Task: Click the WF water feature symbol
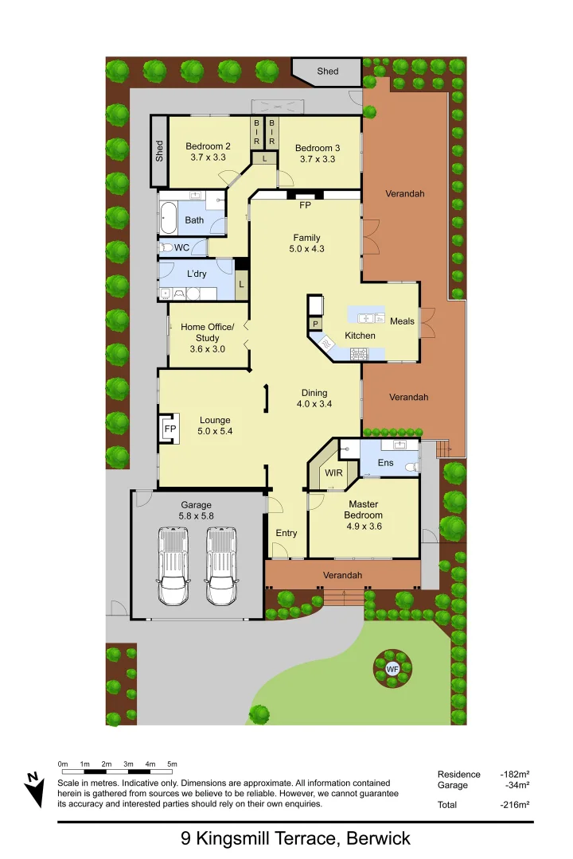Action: tap(392, 669)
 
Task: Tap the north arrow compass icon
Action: tap(33, 789)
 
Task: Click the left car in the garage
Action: tap(173, 566)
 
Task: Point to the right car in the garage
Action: tap(221, 566)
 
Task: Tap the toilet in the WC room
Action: tap(166, 248)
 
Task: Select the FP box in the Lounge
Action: tap(169, 429)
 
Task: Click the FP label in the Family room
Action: tap(305, 205)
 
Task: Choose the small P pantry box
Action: tap(315, 325)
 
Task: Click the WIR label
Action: tap(334, 472)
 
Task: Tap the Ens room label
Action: tap(384, 462)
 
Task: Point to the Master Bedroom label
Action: tap(363, 509)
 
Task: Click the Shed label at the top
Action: tap(328, 71)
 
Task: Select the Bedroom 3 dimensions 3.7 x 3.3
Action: tap(318, 159)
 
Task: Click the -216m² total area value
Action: tap(515, 805)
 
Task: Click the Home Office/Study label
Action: tap(208, 332)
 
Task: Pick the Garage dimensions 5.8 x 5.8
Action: tap(197, 516)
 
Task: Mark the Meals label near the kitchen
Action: tap(402, 321)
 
